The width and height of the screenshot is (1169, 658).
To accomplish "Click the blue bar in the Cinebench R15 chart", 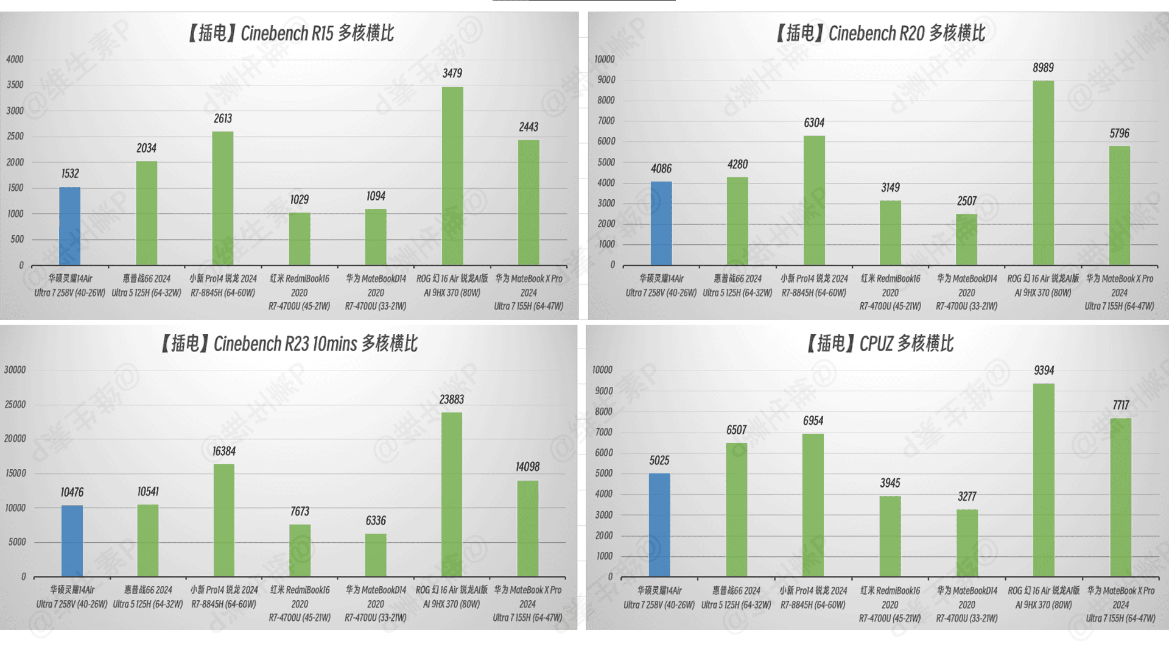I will click(70, 226).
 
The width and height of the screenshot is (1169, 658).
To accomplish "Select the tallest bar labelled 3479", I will click(452, 176).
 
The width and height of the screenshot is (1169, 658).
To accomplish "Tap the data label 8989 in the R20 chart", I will click(1043, 68).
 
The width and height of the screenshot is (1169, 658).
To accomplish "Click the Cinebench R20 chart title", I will click(880, 33).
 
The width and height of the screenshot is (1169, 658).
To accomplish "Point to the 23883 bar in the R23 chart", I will click(452, 494).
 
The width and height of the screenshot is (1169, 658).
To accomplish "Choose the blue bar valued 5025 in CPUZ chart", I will click(659, 525).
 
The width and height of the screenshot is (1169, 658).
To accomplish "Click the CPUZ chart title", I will click(880, 344).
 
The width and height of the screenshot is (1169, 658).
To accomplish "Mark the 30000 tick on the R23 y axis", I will click(15, 370).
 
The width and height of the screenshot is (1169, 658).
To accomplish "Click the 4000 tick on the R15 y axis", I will click(15, 59).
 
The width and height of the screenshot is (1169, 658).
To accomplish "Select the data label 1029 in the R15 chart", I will click(299, 200).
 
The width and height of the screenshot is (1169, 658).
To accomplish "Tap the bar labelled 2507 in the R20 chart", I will click(966, 239).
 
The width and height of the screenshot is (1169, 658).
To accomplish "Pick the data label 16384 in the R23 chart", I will click(224, 451).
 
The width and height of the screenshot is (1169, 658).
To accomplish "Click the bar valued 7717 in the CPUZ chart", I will click(1120, 497).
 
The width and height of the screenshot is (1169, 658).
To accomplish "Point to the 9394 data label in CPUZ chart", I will click(1044, 370).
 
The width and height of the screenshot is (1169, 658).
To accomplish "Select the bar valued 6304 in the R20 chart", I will click(814, 200).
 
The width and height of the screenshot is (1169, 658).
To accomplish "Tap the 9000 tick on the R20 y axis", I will click(606, 80).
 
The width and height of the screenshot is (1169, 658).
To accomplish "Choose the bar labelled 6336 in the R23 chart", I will click(376, 555).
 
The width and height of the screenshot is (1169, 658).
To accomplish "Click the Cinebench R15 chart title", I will click(291, 33).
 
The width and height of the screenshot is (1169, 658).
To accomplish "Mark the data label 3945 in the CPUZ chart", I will click(890, 483).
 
